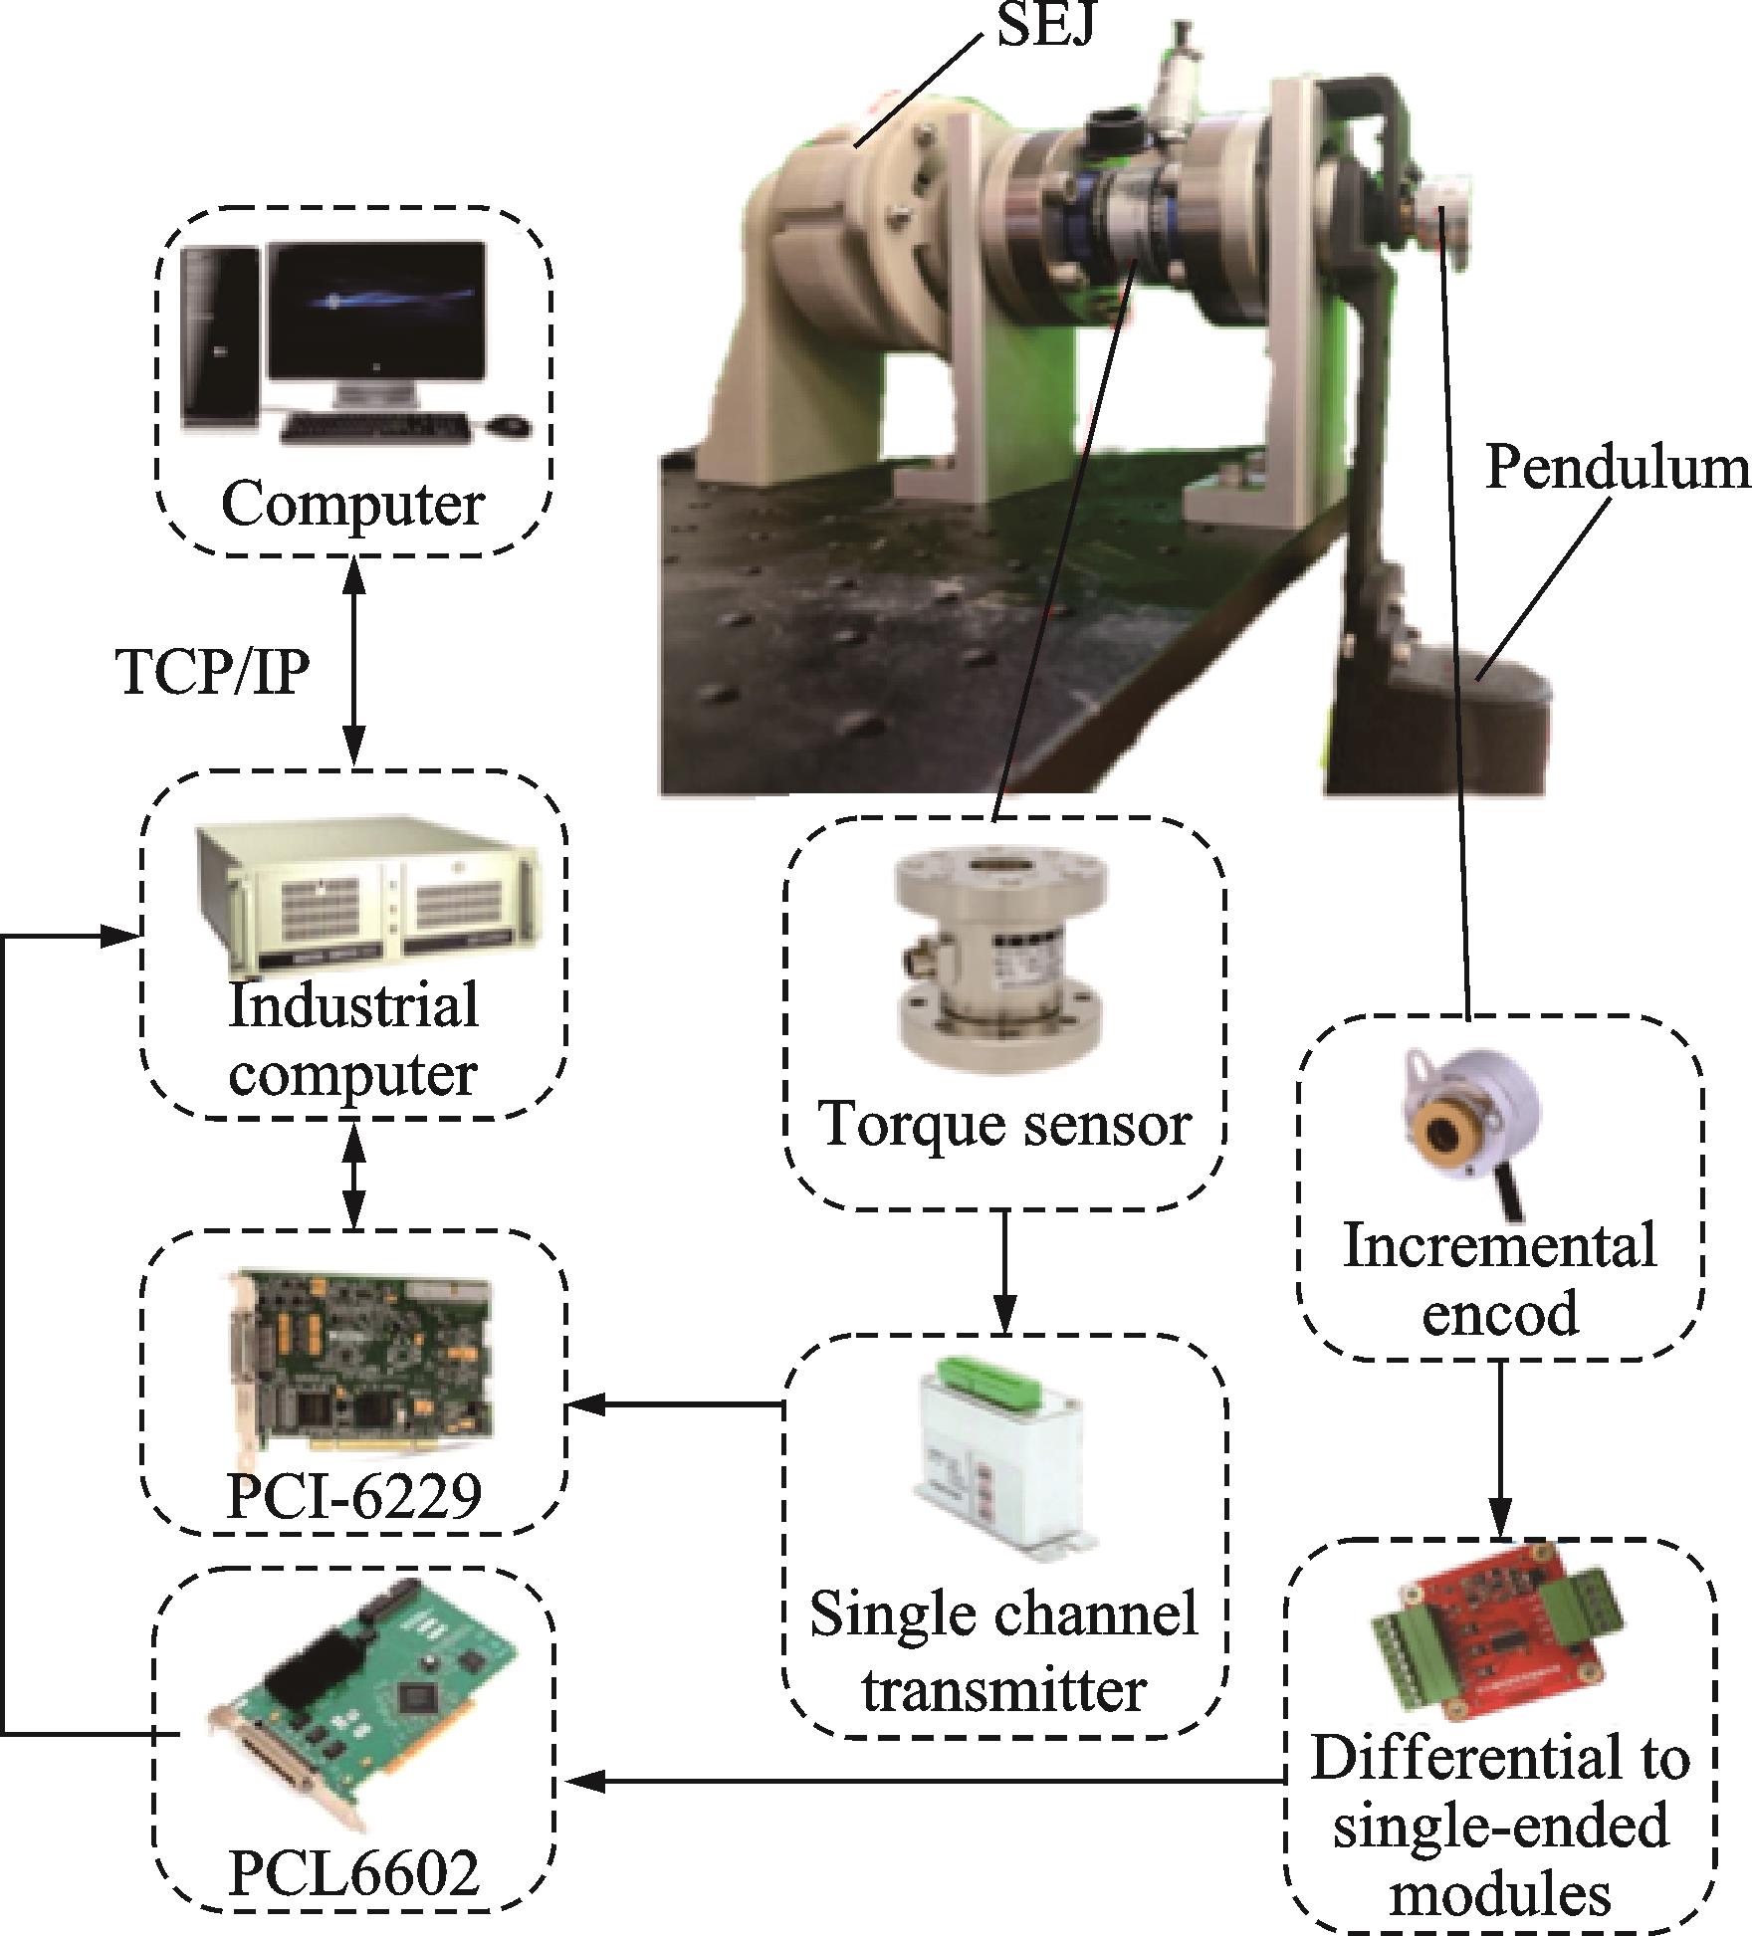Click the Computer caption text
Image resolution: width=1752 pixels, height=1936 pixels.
(x=352, y=504)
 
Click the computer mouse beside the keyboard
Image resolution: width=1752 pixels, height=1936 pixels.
(x=508, y=425)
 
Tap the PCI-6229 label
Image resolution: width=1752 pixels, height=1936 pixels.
(x=354, y=1493)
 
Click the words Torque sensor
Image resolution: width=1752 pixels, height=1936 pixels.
(x=1004, y=1124)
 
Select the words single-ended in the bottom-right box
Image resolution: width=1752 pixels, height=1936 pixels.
(x=1500, y=1828)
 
